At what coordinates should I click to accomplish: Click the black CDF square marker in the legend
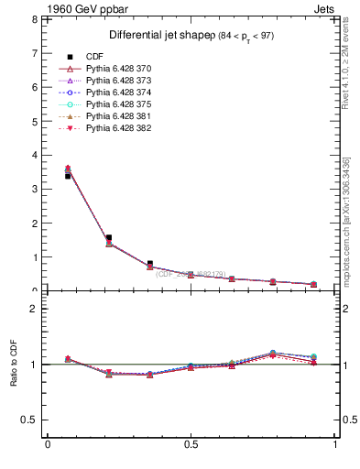(x=70, y=57)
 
